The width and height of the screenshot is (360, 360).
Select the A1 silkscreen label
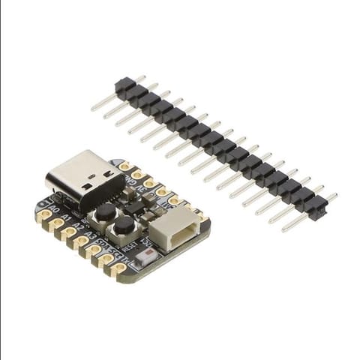[x=67, y=219]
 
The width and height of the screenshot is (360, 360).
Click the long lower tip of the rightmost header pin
[x=285, y=228]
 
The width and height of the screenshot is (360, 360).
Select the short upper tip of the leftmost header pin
[x=140, y=76]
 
